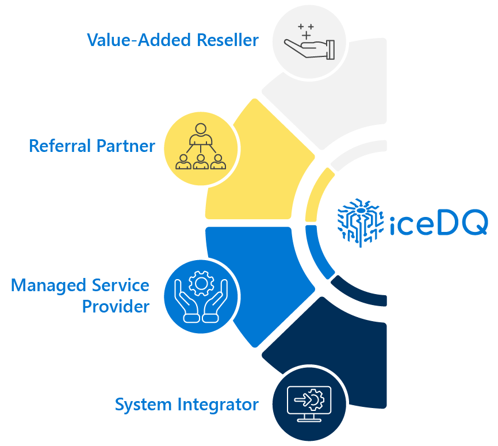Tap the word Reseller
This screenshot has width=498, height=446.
click(x=228, y=40)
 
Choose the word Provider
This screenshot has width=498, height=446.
click(x=116, y=306)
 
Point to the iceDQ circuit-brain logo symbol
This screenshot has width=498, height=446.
click(x=359, y=221)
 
